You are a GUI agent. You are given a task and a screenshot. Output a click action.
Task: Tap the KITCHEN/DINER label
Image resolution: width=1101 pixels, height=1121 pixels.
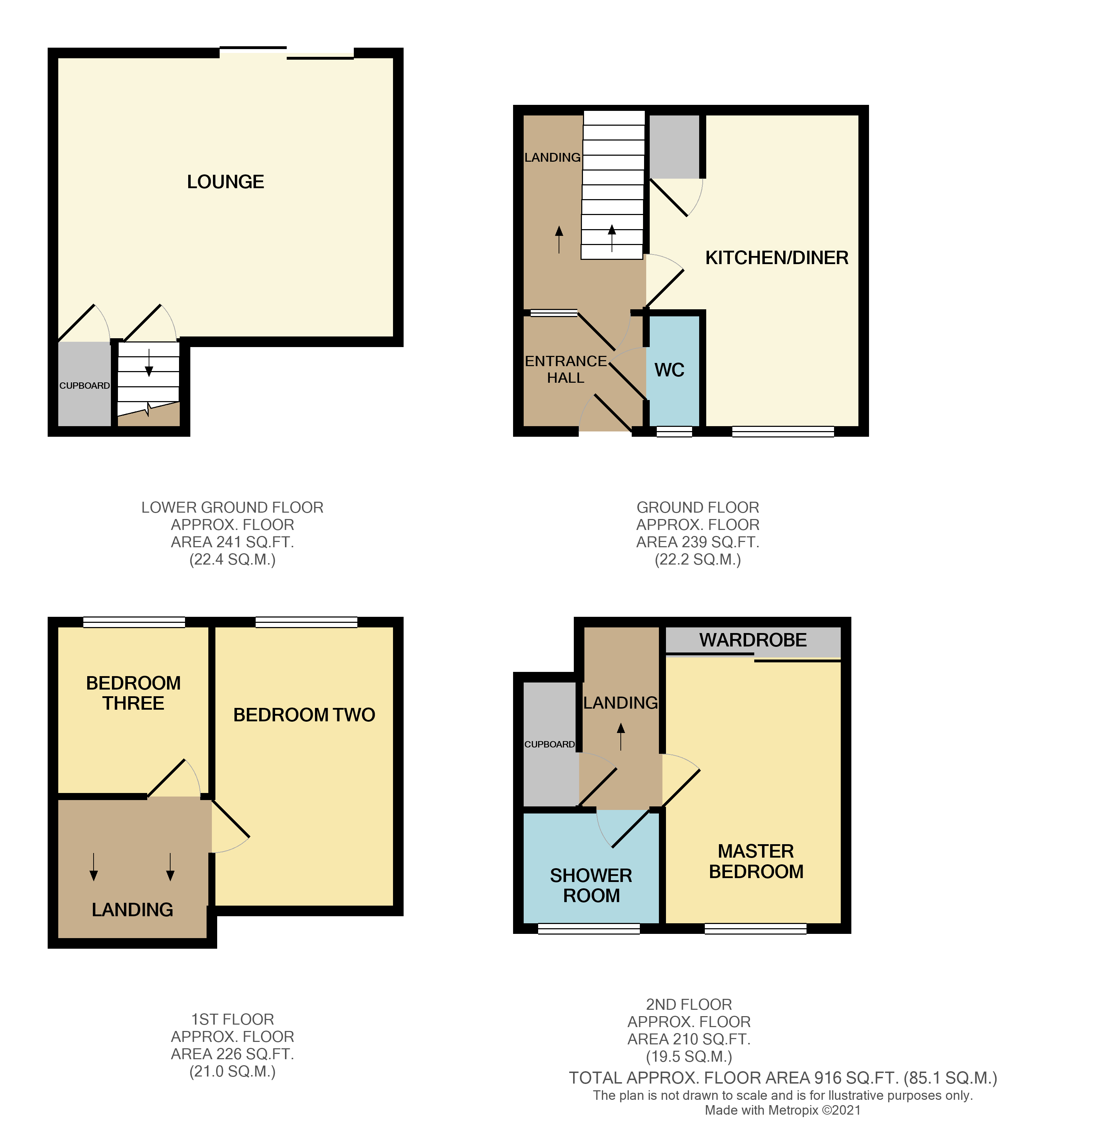(x=776, y=257)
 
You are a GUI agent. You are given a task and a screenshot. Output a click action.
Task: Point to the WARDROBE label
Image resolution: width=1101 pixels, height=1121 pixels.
(x=752, y=640)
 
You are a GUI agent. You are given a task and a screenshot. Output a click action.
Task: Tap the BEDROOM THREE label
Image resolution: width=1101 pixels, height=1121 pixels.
(x=133, y=693)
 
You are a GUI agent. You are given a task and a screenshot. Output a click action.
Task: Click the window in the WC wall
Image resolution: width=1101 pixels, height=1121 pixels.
(x=674, y=431)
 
